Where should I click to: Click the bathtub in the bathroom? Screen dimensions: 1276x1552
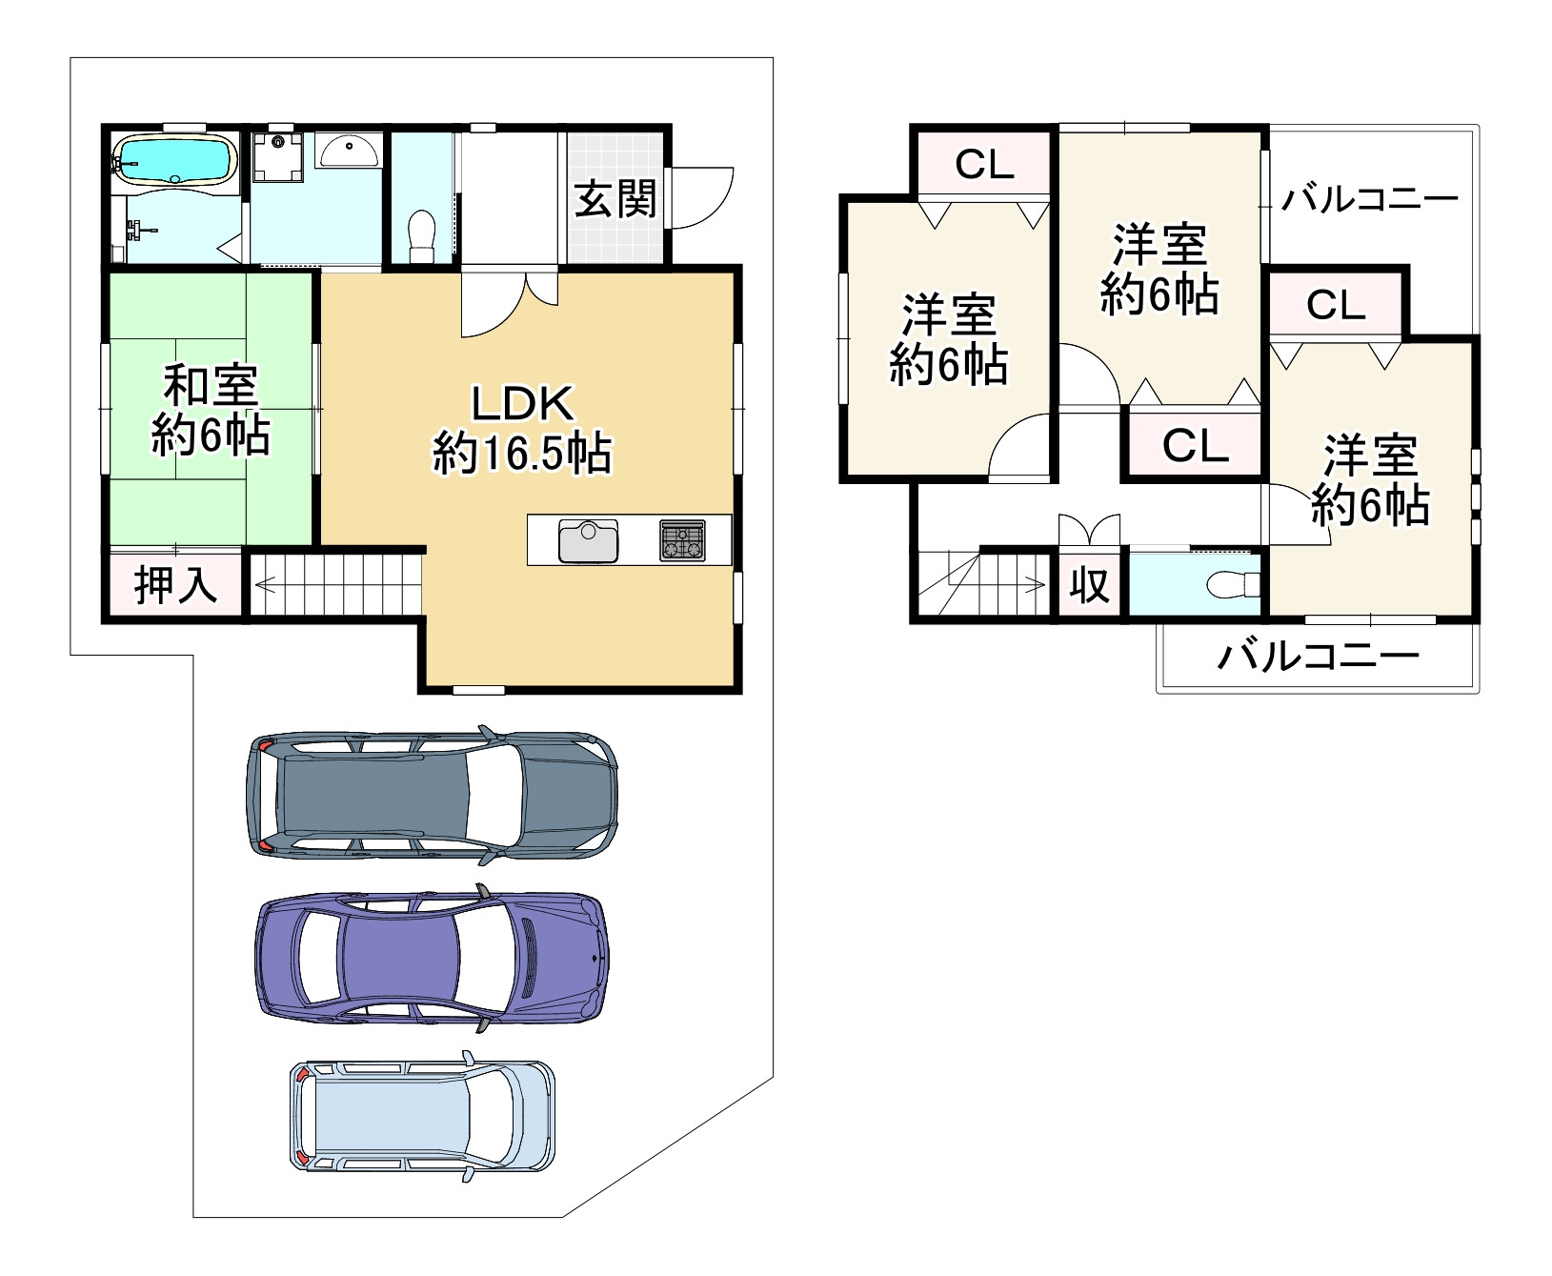point(173,159)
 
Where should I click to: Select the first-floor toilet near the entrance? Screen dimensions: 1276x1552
point(420,232)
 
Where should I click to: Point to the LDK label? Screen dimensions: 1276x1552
point(523,404)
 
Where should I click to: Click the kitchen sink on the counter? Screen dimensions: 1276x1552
point(588,541)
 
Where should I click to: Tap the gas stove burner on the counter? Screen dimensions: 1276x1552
point(682,540)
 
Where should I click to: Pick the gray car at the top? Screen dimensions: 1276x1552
point(431,798)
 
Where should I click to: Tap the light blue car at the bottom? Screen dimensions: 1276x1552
point(421,1115)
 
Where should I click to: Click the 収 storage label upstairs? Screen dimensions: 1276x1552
point(1090,583)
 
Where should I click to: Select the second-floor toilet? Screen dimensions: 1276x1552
point(1234,583)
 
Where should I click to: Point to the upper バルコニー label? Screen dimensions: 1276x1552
point(1369,198)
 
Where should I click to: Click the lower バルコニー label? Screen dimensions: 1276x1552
point(1318,657)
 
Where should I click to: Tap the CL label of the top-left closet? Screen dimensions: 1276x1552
point(984,165)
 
